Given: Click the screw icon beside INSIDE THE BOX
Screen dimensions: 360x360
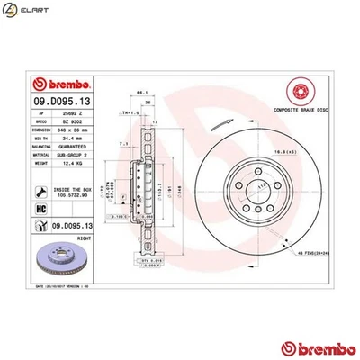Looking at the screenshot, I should pyautogui.click(x=42, y=190).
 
